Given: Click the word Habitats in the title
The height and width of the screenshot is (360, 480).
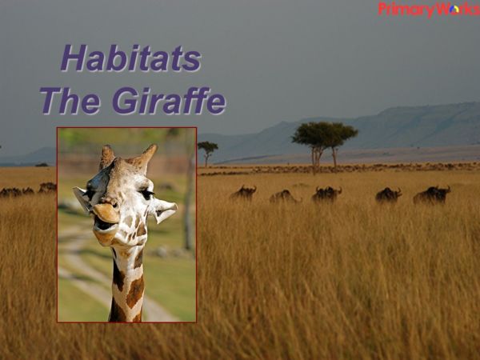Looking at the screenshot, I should pos(130,58).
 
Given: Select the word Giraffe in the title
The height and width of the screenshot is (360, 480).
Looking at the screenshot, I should pos(168,102).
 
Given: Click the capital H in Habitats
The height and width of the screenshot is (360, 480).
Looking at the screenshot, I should pos(74,58).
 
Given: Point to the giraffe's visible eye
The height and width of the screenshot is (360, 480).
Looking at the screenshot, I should pos(145,194).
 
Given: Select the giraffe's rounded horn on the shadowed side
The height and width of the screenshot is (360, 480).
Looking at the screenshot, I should pos(106,156).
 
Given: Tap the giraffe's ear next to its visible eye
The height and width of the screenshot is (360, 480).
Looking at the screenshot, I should pos(164,210).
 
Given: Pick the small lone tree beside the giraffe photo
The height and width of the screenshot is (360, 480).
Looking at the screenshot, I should pos(208,149).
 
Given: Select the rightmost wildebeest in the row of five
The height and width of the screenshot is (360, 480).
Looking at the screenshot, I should pos(431,194).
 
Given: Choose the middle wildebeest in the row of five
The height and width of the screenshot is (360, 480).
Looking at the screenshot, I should pos(326,194).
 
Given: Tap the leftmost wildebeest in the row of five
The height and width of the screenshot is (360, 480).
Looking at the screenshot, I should pos(243,193).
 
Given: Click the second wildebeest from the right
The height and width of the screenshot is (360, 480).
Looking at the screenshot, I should pos(389,194).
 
